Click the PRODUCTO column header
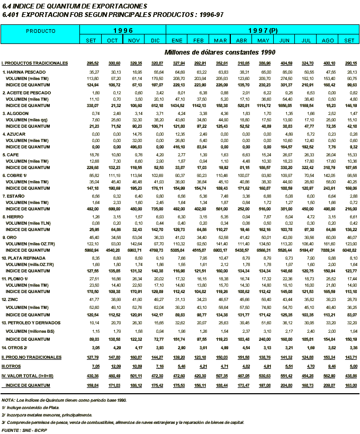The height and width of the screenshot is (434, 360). [41, 31]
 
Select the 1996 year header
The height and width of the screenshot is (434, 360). [122, 31]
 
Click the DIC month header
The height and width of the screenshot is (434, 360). [155, 40]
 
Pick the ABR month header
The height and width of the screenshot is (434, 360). [242, 40]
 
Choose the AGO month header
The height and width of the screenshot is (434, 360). [329, 40]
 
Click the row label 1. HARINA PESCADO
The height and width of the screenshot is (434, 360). [24, 72]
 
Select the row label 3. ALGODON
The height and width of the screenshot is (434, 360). [17, 113]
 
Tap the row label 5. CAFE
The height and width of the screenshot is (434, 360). [13, 155]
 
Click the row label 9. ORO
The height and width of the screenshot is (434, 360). [12, 238]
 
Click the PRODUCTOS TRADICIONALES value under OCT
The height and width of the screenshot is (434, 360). [114, 63]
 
